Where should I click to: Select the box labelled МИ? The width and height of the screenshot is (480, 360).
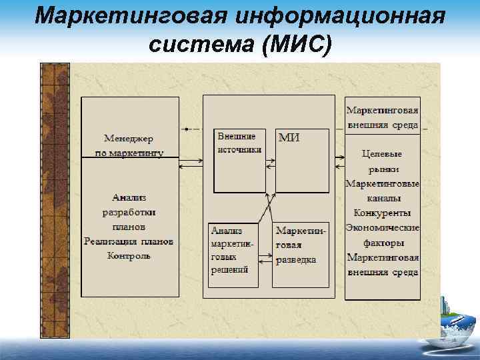pos(302,160)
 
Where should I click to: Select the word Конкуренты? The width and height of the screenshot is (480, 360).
pos(383,213)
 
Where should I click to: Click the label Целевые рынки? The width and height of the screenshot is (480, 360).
pos(383,161)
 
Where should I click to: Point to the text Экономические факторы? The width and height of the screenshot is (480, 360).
pos(383,235)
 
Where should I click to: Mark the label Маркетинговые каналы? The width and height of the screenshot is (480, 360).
pos(383,191)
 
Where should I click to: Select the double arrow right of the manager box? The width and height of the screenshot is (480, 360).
pos(191,160)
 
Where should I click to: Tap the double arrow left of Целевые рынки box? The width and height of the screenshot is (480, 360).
pos(339,160)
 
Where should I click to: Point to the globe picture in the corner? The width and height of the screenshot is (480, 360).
pos(453,330)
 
